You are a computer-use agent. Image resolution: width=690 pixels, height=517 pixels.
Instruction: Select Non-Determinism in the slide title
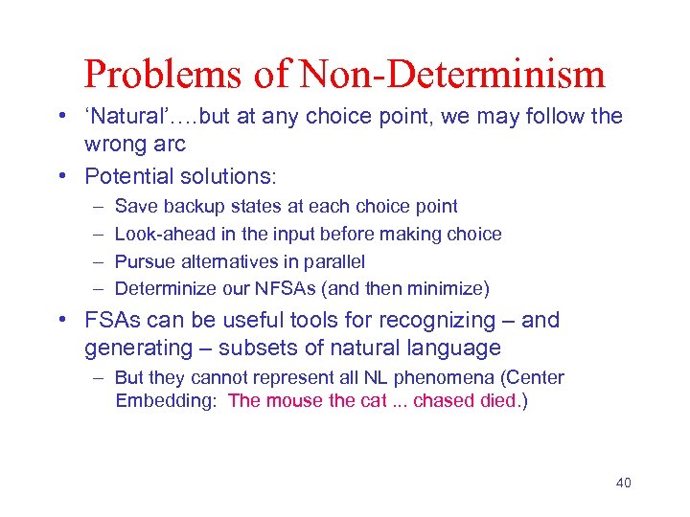click(x=454, y=74)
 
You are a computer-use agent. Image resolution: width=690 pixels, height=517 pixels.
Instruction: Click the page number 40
click(x=623, y=483)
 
